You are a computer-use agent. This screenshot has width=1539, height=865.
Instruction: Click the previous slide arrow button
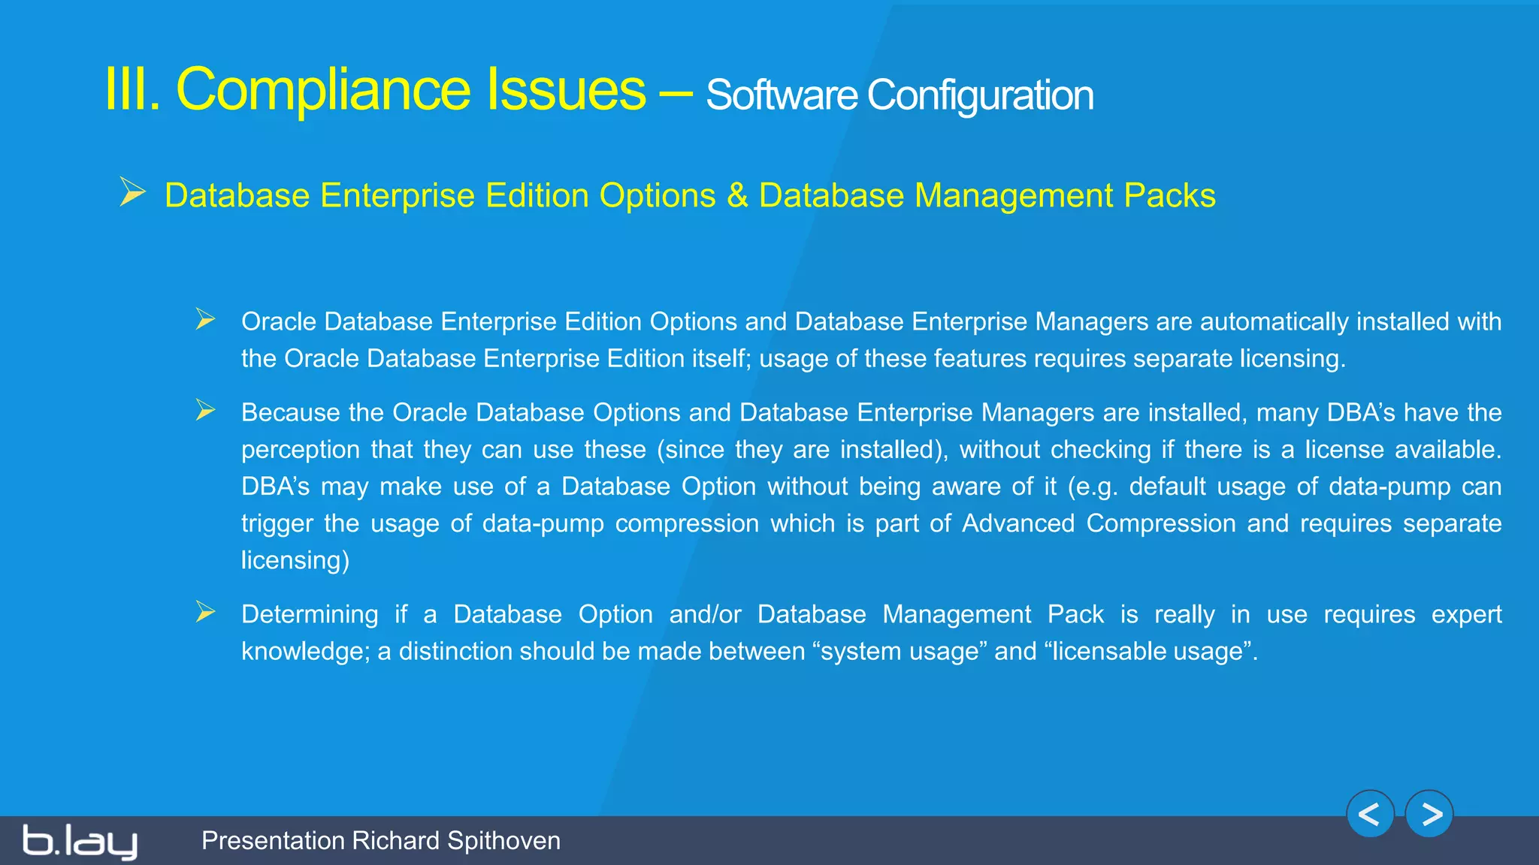click(1370, 814)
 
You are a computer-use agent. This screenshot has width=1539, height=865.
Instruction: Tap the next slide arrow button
click(1429, 814)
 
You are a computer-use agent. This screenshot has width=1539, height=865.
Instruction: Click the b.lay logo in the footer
click(80, 841)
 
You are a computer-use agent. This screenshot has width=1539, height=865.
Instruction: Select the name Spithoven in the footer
click(503, 840)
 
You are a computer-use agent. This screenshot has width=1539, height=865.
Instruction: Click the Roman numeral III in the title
click(132, 89)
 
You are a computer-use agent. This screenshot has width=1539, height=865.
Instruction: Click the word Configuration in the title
click(980, 95)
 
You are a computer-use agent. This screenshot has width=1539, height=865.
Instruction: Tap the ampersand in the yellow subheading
click(737, 195)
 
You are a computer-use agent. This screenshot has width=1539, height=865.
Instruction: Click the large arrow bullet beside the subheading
click(133, 192)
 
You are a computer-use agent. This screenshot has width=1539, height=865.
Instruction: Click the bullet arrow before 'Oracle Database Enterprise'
click(205, 319)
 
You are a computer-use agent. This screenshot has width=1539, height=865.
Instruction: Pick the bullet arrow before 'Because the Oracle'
click(205, 410)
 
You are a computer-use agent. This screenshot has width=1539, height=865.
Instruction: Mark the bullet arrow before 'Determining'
click(205, 612)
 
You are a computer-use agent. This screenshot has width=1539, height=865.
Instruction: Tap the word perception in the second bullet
click(301, 450)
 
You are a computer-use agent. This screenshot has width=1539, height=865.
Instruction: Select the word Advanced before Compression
click(1018, 523)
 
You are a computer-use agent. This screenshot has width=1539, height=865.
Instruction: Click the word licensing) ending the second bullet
click(295, 560)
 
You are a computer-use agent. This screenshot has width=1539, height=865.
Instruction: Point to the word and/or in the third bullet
click(705, 614)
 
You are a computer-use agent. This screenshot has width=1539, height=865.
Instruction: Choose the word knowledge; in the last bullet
click(305, 651)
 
